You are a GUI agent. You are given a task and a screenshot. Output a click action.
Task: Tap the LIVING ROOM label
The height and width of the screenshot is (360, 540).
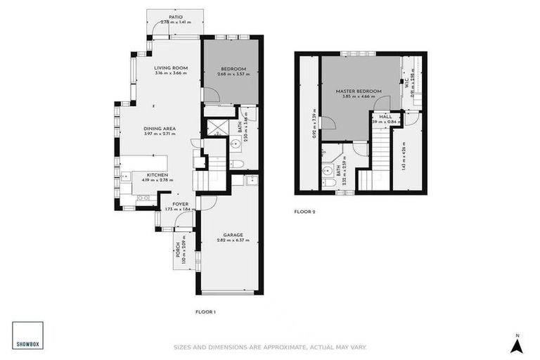tap(170, 67)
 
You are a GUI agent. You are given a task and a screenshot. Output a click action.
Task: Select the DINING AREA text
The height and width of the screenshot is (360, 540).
tap(160, 128)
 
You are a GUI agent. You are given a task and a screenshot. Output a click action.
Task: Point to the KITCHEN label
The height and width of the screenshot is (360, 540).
tap(157, 174)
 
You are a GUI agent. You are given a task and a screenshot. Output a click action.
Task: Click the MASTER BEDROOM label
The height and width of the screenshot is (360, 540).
tap(359, 91)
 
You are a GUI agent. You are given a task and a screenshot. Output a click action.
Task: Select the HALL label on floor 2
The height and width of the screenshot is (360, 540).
tap(385, 117)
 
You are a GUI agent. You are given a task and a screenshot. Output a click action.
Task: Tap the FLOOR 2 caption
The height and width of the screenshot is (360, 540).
tap(305, 211)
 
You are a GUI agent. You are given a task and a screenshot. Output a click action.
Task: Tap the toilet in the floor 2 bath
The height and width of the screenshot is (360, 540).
tap(328, 183)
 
